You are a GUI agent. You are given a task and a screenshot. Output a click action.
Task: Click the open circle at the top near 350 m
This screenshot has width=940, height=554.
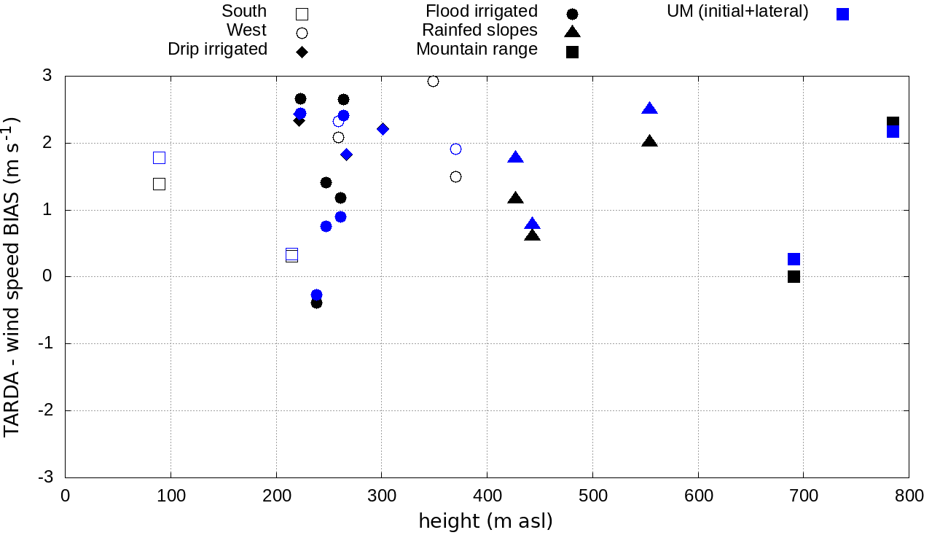point(433,81)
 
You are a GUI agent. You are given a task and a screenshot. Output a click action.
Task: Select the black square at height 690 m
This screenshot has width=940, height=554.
point(794,276)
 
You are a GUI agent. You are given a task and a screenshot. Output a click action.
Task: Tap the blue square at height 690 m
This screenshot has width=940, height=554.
point(794,259)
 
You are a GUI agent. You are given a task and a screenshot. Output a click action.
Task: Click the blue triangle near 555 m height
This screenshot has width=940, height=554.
point(650,109)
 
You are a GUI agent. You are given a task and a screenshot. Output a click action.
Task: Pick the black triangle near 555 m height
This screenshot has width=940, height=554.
point(650,141)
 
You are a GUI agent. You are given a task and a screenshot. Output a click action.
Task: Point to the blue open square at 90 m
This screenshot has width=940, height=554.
point(160,157)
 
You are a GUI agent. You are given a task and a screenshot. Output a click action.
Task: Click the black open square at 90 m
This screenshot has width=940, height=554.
point(160,184)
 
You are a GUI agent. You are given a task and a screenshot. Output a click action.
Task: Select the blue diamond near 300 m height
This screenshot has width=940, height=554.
point(383,129)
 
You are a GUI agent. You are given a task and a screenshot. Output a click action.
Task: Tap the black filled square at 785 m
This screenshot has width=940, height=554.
point(893,122)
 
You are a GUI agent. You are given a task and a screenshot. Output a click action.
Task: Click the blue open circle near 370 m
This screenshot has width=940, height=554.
point(455,149)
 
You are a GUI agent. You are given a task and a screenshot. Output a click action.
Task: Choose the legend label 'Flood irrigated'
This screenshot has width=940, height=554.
point(482,12)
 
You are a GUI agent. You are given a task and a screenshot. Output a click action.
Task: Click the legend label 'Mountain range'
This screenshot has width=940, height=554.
point(477,50)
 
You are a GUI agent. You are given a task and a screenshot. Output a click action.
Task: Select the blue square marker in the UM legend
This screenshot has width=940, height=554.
point(843,14)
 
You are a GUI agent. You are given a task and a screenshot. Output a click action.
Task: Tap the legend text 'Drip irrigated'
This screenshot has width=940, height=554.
point(217,50)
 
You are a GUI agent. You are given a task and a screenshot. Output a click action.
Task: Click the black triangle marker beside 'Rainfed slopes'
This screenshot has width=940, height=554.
point(572,31)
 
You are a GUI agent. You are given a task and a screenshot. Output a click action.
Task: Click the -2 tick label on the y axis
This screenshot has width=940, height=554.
point(44,410)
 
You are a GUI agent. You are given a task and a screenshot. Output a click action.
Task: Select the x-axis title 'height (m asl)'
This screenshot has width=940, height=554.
point(485,521)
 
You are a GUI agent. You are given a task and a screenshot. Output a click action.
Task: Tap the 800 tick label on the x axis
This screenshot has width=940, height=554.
point(909,496)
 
